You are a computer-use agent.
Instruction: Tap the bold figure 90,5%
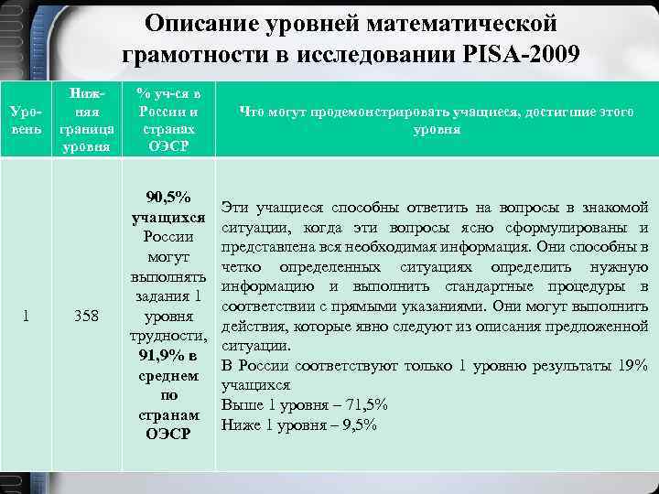(168, 198)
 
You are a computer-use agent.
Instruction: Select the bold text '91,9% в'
(168, 356)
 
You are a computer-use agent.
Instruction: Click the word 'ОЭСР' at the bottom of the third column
(168, 434)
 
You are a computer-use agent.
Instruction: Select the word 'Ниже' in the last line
(241, 424)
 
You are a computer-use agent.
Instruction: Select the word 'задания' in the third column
(161, 296)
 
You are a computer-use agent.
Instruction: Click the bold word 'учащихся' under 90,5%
(168, 218)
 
